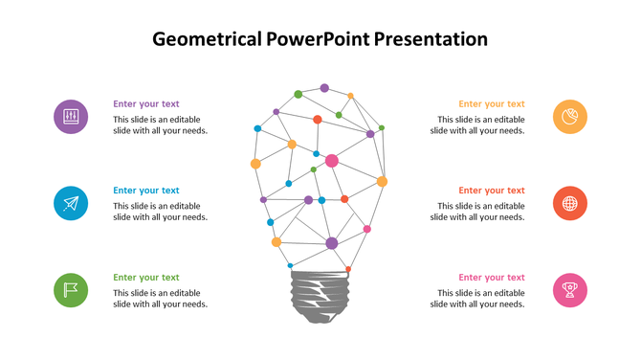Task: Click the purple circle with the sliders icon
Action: coord(71,117)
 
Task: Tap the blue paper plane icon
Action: coord(71,203)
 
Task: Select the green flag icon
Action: coord(71,289)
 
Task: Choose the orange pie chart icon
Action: coord(570,117)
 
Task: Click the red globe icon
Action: coord(570,203)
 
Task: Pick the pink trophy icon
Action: coord(570,289)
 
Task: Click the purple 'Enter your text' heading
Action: coord(146,103)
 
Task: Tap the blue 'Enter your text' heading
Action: coord(146,191)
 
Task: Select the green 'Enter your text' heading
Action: coord(146,278)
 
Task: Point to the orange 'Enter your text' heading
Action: coord(492,103)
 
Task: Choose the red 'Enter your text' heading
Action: coord(492,191)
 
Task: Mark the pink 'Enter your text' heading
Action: coord(492,278)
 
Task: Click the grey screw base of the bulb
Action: coord(320,296)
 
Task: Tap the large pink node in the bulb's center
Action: coord(332,161)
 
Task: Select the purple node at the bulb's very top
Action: coord(324,88)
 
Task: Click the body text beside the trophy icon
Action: coord(477,298)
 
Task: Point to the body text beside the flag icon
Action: coord(161,298)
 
